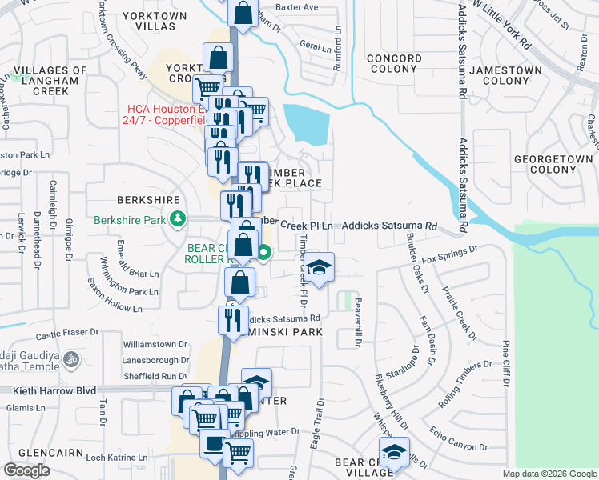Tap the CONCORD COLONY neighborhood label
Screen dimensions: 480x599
[x=394, y=64]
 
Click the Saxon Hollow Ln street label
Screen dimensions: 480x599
[x=115, y=304]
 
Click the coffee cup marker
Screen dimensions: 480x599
[x=215, y=444]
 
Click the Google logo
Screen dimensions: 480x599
[x=26, y=470]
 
